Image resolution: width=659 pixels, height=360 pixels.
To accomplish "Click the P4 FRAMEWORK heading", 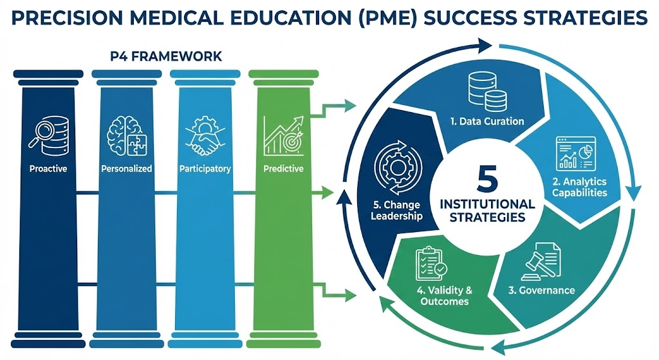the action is (x=166, y=57).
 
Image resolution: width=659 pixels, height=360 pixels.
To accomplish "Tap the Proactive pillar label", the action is (x=48, y=169).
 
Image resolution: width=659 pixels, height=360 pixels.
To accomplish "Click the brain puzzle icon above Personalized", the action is (x=126, y=136).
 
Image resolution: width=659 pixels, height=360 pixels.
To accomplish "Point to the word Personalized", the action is (x=126, y=169).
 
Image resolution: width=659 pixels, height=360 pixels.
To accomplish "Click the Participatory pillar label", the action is (x=205, y=169).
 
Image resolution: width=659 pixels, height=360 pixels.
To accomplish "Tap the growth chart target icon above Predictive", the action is (x=284, y=136).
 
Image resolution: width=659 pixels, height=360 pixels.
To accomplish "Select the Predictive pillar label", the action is (x=284, y=169).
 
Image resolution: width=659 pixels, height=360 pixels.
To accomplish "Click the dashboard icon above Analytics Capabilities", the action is (x=576, y=153).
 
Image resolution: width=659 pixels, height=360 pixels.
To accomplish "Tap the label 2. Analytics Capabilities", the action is (x=579, y=187).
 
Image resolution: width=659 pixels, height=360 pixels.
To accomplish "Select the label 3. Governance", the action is (x=541, y=290).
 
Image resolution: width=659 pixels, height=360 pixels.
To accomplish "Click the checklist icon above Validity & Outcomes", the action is (x=431, y=263).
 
